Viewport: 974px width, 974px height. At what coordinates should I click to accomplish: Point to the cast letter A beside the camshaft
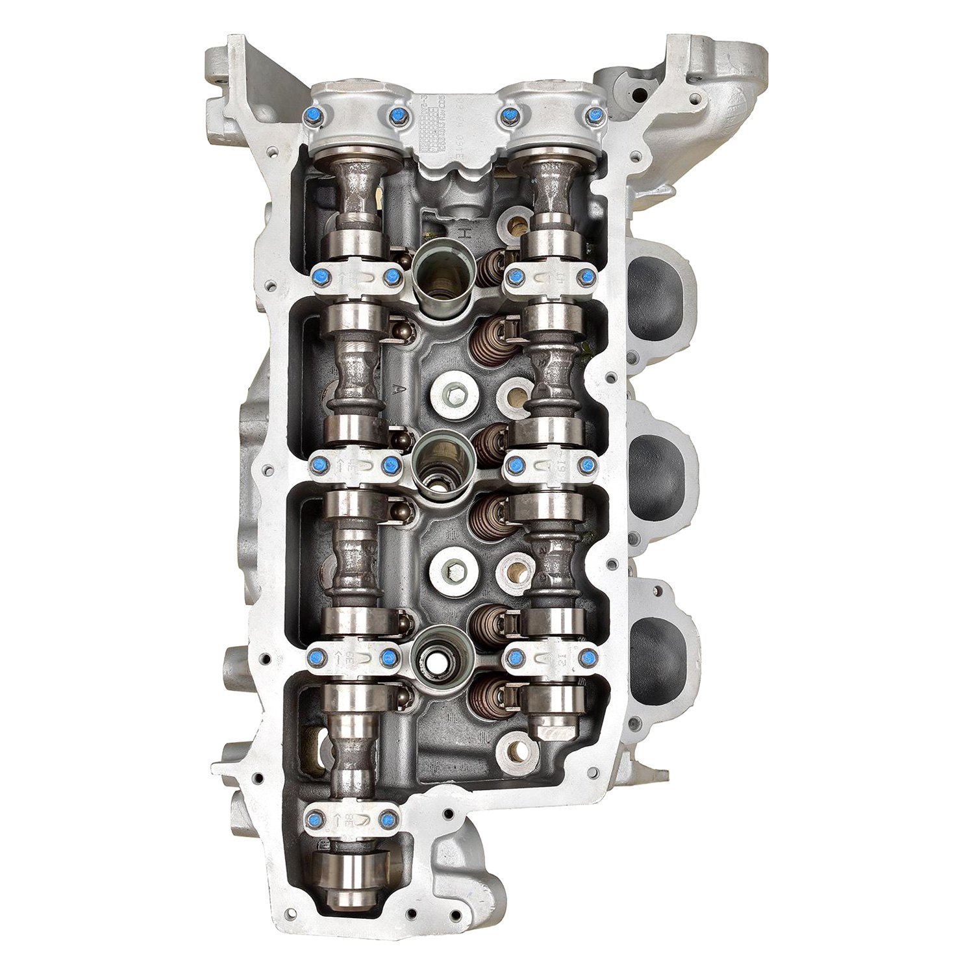394,388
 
